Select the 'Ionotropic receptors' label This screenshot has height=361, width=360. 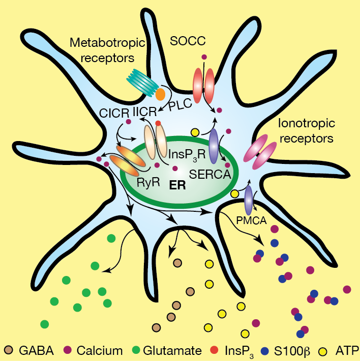tap(306, 131)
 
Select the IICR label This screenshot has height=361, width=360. tap(146, 110)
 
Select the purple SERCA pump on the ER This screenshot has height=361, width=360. tap(214, 145)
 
